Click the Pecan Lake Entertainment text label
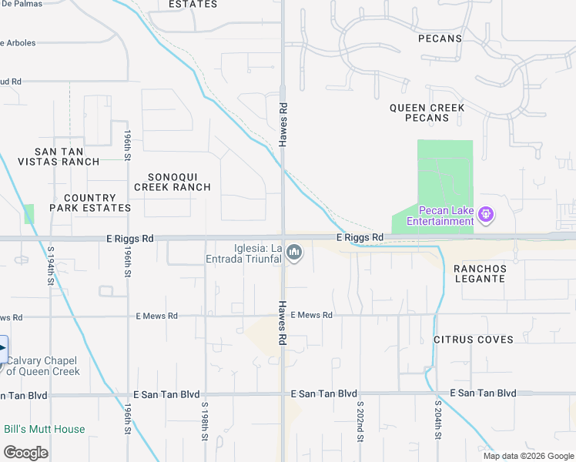(435, 216)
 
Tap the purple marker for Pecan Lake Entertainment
(486, 213)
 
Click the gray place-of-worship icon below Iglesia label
(294, 253)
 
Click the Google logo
(25, 453)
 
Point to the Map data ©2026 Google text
(528, 456)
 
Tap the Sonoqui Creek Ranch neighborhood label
(172, 181)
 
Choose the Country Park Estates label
(91, 203)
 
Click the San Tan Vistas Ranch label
(68, 156)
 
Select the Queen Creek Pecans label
(427, 112)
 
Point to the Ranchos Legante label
(480, 273)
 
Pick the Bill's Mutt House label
(45, 429)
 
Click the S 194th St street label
(51, 266)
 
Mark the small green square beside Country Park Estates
(29, 214)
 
